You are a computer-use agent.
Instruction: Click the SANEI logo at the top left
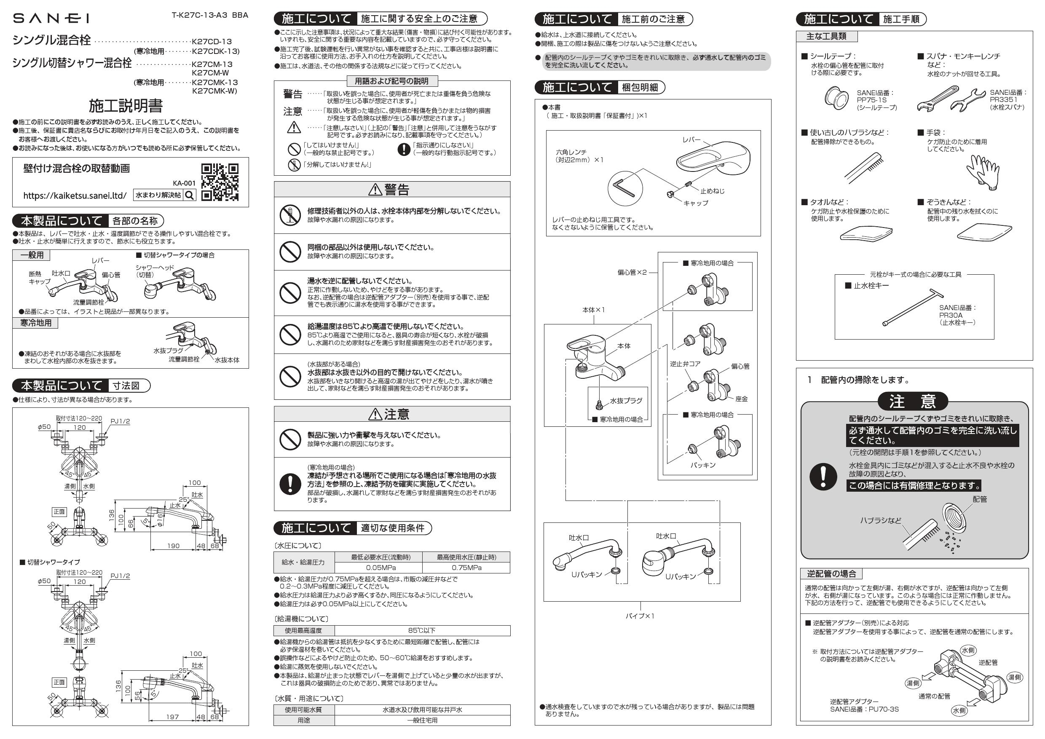point(51,18)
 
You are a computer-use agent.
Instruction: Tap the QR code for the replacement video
point(220,182)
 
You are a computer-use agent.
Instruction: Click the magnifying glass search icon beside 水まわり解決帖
point(190,195)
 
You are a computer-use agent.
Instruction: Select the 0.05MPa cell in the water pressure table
point(378,568)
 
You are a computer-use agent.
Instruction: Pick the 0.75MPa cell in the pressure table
point(466,568)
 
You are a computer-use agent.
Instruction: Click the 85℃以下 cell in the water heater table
point(422,630)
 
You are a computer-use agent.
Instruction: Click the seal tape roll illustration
point(836,98)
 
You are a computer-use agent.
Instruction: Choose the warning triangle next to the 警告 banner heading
point(375,189)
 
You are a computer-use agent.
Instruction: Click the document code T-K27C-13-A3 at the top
point(200,15)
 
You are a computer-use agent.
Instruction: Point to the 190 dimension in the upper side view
point(174,546)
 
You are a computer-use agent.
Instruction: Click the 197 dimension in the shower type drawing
point(172,717)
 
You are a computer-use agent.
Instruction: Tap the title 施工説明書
point(126,106)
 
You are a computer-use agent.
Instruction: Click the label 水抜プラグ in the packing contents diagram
point(626,400)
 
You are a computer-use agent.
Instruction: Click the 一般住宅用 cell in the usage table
point(422,720)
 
